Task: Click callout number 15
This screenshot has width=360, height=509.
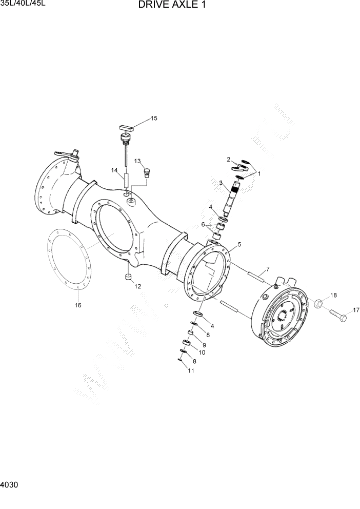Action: tap(154, 119)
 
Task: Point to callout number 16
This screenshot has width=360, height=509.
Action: tap(78, 305)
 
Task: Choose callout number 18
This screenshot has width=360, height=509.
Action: tap(333, 295)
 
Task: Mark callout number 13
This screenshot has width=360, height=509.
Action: tap(137, 161)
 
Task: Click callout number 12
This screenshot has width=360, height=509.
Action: tap(137, 286)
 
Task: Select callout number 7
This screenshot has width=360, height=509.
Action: tap(267, 269)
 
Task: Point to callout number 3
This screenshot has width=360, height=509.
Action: tap(221, 183)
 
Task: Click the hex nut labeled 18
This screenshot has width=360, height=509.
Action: tap(317, 304)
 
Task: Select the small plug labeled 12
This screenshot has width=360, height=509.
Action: tap(128, 278)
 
